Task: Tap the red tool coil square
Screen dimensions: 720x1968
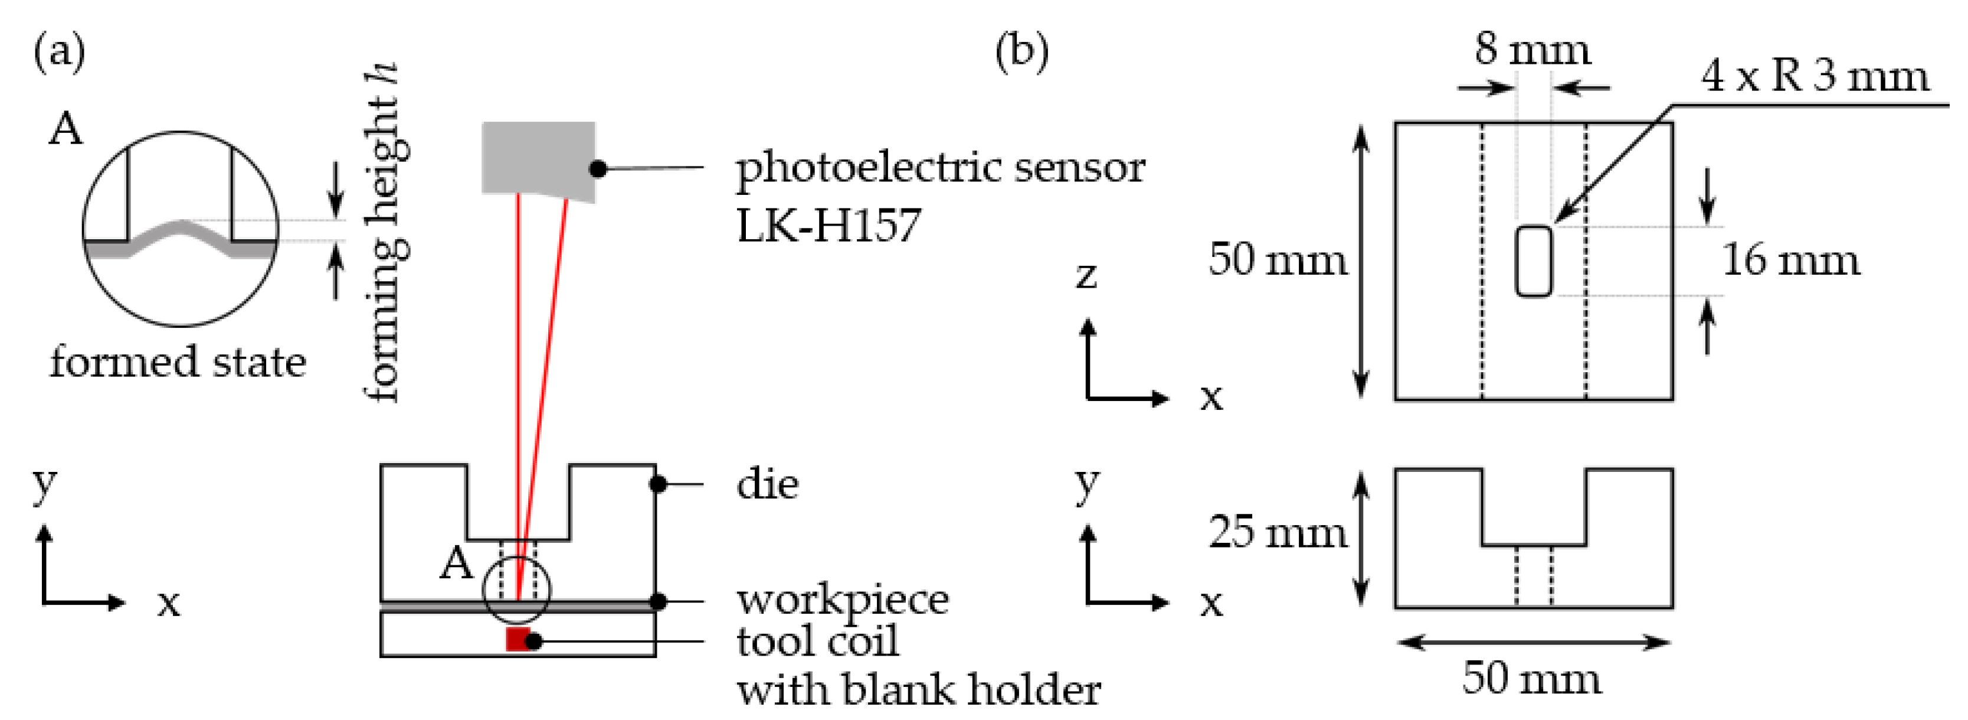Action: [517, 639]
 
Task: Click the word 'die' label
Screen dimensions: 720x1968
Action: [767, 484]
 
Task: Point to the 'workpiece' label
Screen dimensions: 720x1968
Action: [843, 600]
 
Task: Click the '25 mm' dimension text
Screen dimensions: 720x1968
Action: [1278, 532]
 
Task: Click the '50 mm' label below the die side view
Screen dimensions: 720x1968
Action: [1532, 678]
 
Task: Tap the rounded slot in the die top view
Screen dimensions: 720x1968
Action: [1533, 260]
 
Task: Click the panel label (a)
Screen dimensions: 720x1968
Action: [60, 52]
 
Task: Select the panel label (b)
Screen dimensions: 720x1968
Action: [1022, 52]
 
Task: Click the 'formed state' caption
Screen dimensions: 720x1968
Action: [177, 361]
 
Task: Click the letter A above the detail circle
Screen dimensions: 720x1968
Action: [65, 128]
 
